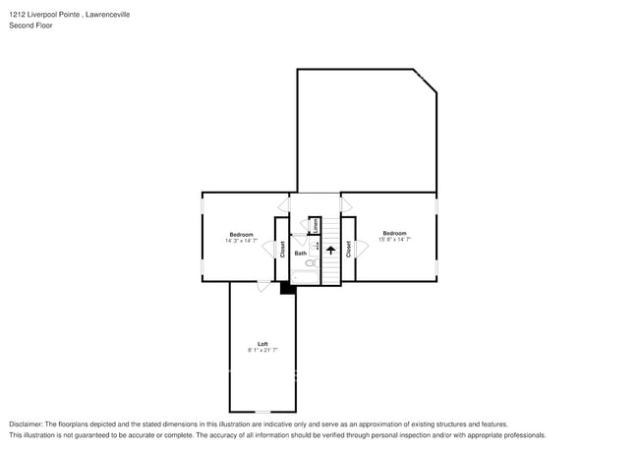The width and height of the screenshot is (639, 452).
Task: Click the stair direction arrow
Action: (331, 251)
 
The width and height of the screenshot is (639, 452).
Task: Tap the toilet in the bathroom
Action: (309, 264)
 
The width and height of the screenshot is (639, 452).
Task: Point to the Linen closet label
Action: (316, 225)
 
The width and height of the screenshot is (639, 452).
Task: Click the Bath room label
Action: (300, 254)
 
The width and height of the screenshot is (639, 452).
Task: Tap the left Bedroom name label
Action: (241, 234)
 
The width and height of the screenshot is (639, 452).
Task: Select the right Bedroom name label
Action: (394, 233)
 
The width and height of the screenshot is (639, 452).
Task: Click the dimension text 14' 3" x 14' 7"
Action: (241, 241)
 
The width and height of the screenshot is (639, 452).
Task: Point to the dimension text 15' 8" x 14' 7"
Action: (394, 240)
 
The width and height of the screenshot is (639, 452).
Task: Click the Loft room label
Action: (262, 344)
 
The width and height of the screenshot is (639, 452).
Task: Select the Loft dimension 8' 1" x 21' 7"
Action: (262, 351)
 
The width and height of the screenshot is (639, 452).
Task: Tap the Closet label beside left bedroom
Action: (281, 250)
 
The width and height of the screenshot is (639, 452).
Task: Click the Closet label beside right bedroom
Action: (348, 250)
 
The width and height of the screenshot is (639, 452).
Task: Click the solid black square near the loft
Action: (287, 288)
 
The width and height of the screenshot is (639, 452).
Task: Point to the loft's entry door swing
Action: (263, 287)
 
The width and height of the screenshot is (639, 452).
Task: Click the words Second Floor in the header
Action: (30, 26)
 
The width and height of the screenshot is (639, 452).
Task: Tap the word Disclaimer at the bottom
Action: (27, 424)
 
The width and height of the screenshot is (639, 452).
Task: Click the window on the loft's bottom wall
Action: (262, 412)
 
